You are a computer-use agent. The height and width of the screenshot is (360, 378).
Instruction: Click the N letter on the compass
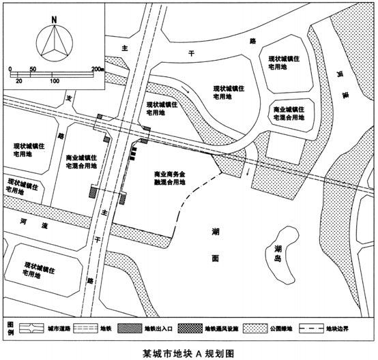click(x=54, y=20)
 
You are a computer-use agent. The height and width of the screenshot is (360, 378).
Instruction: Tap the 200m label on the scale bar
click(x=98, y=69)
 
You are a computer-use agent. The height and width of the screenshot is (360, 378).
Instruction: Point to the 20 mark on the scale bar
click(x=19, y=81)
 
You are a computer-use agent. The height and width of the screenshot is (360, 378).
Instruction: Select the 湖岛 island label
click(x=278, y=254)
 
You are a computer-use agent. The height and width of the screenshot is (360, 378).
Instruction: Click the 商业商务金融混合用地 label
click(x=170, y=178)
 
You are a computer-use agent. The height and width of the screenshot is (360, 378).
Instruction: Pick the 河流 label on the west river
click(x=34, y=223)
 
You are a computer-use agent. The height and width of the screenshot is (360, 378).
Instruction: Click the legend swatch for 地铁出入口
click(x=130, y=328)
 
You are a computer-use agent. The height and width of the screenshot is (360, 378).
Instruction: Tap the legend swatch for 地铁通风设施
click(x=190, y=328)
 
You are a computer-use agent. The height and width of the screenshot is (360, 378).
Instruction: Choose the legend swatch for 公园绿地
click(x=255, y=328)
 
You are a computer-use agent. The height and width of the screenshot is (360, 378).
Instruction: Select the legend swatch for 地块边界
click(x=311, y=328)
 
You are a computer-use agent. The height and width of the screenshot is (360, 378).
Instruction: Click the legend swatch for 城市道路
click(x=31, y=328)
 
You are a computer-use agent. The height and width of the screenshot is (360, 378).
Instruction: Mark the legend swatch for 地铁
click(x=86, y=328)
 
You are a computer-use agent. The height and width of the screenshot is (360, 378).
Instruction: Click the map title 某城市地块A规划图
click(x=188, y=354)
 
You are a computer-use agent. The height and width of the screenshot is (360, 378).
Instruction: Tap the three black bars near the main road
click(x=133, y=153)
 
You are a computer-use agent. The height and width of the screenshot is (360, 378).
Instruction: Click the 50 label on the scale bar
click(x=33, y=69)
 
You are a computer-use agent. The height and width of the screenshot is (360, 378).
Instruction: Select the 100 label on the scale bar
click(x=55, y=81)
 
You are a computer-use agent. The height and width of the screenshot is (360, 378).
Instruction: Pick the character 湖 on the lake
click(x=216, y=232)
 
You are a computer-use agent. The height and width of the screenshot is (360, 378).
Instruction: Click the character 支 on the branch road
click(x=70, y=98)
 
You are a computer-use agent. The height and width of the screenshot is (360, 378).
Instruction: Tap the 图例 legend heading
click(x=11, y=328)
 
